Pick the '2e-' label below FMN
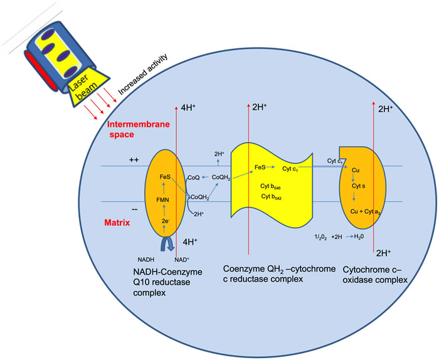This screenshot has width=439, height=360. click(166, 221)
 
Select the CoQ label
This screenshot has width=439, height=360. click(193, 179)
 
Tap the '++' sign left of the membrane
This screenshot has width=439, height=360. click(134, 161)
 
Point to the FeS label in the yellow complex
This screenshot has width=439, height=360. click(262, 168)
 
